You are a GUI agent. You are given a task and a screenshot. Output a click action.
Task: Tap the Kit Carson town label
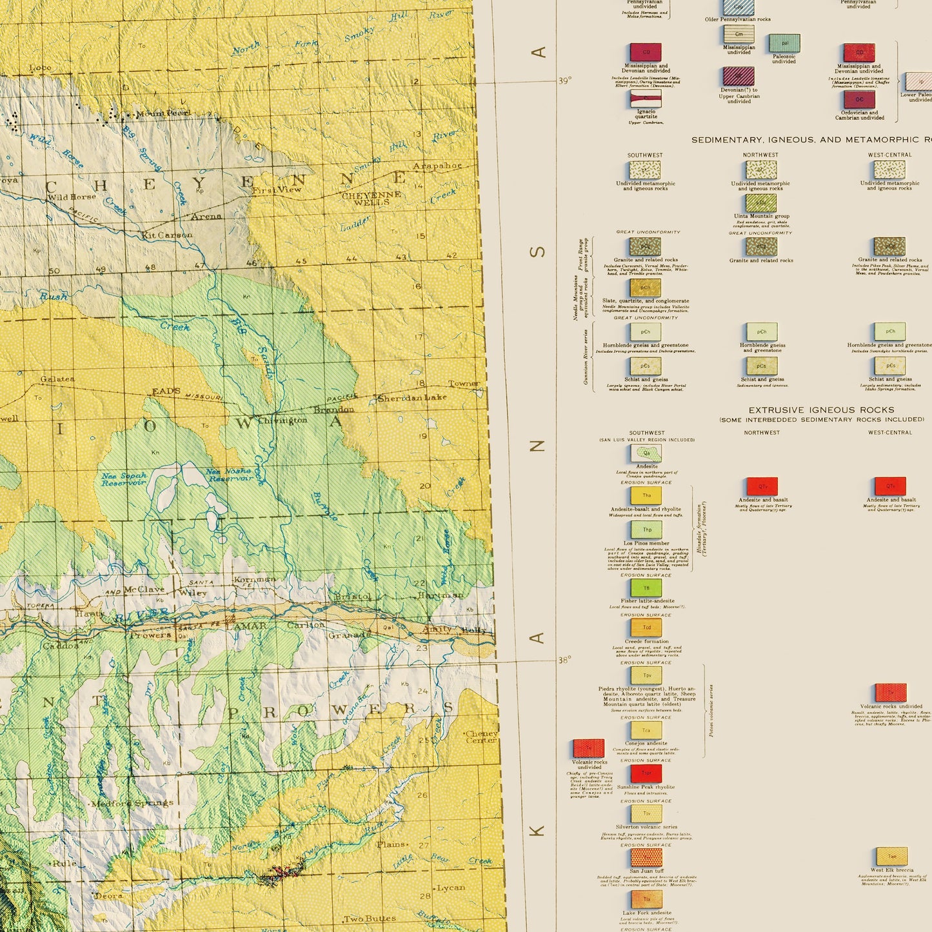pyautogui.click(x=166, y=235)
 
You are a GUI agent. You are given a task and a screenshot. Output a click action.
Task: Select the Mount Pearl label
pyautogui.click(x=163, y=114)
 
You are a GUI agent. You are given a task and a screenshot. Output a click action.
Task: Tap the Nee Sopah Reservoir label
pyautogui.click(x=124, y=479)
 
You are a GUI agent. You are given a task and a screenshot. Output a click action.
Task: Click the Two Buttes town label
pyautogui.click(x=370, y=918)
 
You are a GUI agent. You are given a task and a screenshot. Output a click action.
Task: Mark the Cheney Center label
pyautogui.click(x=481, y=737)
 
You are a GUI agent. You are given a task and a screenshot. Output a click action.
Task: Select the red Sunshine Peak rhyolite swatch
pyautogui.click(x=646, y=773)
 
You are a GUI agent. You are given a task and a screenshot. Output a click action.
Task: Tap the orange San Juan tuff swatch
pyautogui.click(x=646, y=857)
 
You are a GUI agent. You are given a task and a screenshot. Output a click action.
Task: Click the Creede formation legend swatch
pyautogui.click(x=646, y=627)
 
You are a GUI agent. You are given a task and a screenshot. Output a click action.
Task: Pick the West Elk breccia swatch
pyautogui.click(x=891, y=856)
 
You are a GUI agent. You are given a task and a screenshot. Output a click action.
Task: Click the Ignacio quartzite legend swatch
pyautogui.click(x=646, y=98)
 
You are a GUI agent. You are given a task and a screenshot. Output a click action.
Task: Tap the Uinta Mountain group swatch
pyautogui.click(x=761, y=203)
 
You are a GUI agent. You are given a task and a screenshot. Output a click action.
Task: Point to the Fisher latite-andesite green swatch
pyautogui.click(x=646, y=588)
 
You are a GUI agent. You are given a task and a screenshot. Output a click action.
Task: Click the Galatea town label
pyautogui.click(x=57, y=379)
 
